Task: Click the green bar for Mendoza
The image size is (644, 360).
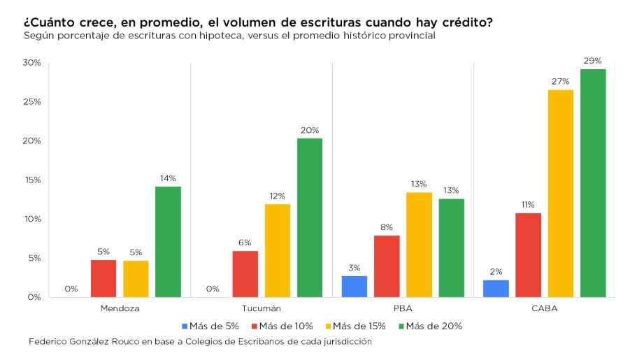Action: [x=168, y=241]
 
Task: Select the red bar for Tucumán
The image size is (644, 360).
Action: [x=245, y=273]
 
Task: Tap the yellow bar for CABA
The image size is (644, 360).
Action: [x=561, y=193]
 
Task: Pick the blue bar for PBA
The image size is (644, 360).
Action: [x=355, y=286]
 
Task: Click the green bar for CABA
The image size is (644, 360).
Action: [x=593, y=182]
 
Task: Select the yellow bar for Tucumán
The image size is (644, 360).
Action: [x=278, y=250]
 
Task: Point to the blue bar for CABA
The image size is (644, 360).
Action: [x=496, y=288]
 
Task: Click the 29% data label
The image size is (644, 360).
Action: [x=593, y=61]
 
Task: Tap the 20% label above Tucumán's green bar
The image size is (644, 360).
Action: [x=310, y=130]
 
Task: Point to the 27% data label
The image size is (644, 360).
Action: [x=561, y=81]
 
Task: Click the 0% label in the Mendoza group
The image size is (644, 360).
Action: [x=71, y=289]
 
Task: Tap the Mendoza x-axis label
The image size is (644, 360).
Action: [x=120, y=308]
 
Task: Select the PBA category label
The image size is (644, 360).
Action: [x=403, y=308]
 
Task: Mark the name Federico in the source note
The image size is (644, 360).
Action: [x=50, y=342]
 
